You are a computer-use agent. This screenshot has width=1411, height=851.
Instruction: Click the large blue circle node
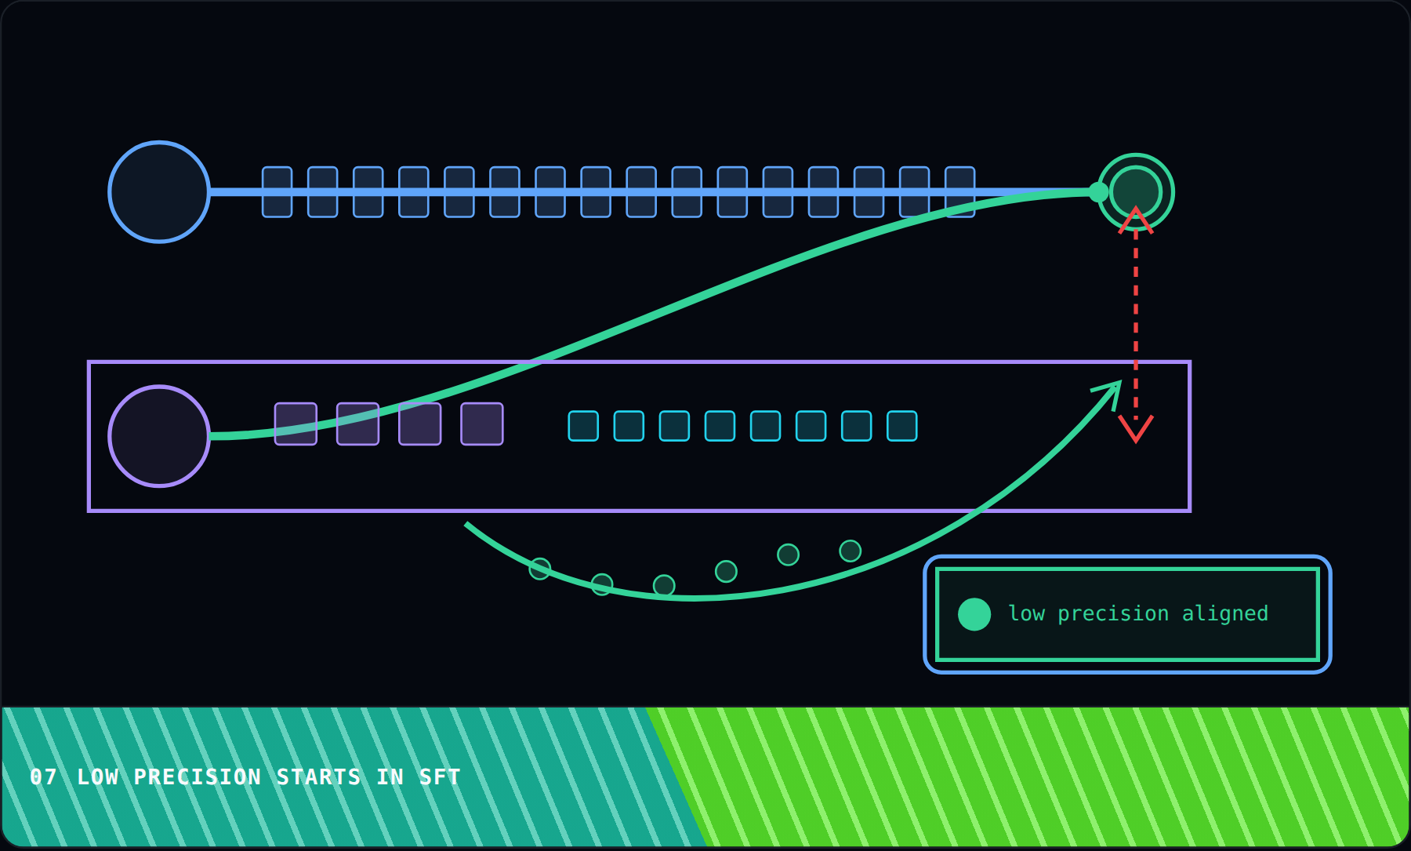click(159, 192)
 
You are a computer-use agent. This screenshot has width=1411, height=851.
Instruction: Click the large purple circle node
click(159, 436)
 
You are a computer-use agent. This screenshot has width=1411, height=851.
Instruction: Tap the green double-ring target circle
click(1135, 192)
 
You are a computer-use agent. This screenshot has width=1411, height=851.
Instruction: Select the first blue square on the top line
click(277, 192)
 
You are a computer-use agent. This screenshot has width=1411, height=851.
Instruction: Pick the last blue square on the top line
click(959, 192)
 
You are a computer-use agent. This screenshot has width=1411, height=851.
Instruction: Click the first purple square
click(296, 424)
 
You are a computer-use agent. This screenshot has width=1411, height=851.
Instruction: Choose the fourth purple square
click(482, 424)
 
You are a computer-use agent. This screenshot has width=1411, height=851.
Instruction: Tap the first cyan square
click(583, 426)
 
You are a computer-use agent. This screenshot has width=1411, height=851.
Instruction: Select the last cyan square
click(902, 426)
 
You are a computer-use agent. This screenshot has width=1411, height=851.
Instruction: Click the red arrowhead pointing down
click(1136, 428)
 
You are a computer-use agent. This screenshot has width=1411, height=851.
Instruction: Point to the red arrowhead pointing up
click(1136, 220)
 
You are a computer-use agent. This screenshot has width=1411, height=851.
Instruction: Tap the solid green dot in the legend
click(974, 614)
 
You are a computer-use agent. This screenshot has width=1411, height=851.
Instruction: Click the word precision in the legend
click(1113, 613)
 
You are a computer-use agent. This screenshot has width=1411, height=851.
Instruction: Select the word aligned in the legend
click(1224, 613)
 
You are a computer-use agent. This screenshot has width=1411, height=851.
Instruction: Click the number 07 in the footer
click(44, 777)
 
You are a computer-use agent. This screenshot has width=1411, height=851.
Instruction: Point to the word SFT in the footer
click(440, 777)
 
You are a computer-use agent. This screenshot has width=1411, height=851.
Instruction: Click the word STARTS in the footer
click(318, 777)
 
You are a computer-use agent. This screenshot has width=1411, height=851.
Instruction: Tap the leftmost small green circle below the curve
click(540, 569)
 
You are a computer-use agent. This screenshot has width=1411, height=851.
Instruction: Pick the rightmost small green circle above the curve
click(850, 551)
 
